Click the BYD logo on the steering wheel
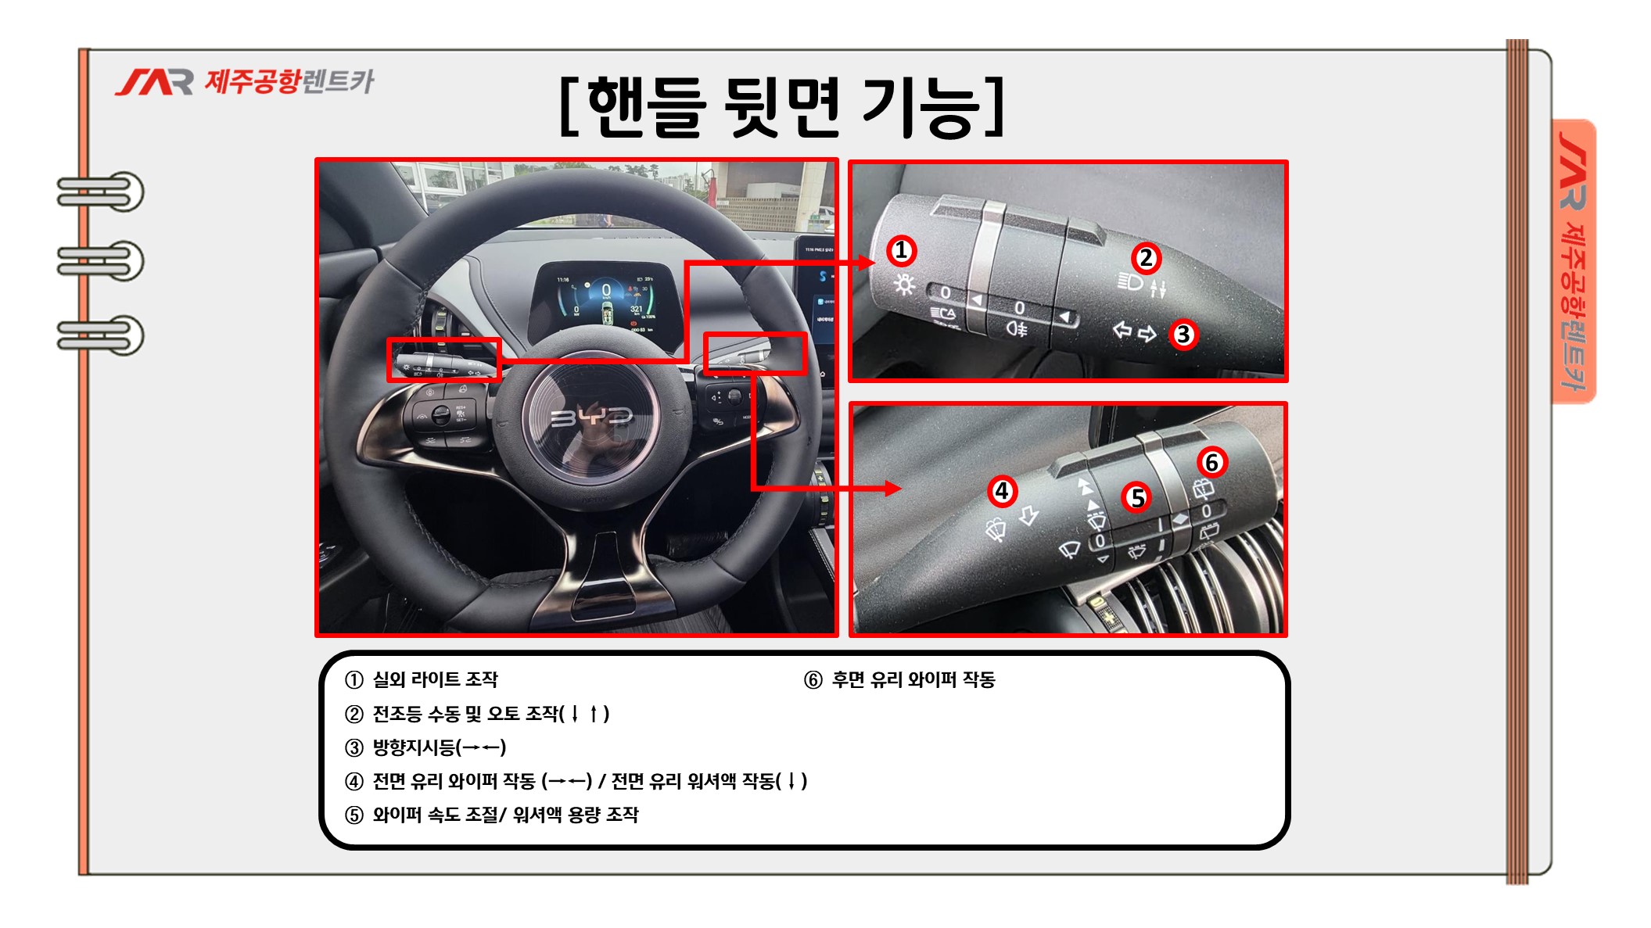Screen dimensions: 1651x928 591,417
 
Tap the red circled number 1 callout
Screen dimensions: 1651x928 901,251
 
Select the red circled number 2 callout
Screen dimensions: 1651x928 1146,258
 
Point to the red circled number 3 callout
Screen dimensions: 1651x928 1183,335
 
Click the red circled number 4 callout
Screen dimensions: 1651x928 1002,492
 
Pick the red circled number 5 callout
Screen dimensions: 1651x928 1137,498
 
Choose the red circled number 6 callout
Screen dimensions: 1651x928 1211,463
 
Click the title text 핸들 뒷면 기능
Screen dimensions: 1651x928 783,108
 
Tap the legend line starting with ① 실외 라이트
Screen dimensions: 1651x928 422,679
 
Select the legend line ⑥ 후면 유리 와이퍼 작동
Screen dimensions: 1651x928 899,680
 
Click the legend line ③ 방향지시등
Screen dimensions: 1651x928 425,747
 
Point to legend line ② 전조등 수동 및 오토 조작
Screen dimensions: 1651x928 477,714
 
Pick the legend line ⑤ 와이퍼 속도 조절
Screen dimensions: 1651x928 491,815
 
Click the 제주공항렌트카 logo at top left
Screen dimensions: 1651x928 245,81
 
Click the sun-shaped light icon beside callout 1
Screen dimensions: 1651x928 904,285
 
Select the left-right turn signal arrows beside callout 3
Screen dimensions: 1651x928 1134,332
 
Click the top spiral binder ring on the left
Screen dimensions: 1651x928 100,192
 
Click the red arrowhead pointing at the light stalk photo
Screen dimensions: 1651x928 866,262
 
